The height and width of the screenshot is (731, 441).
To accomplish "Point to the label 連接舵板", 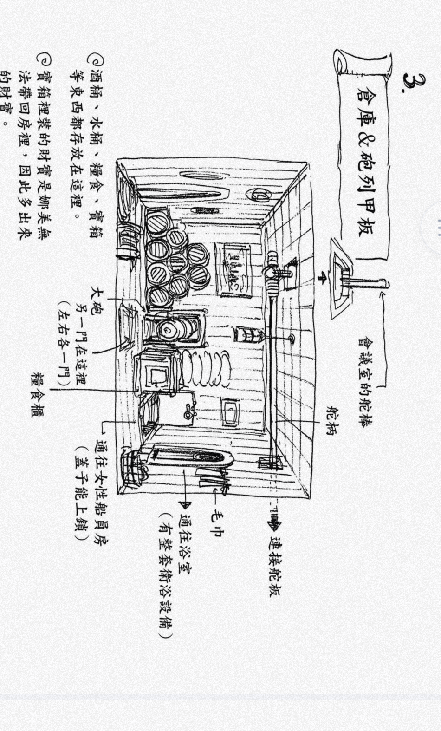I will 275,567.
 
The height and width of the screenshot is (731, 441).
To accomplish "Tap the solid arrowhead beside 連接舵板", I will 274,525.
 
